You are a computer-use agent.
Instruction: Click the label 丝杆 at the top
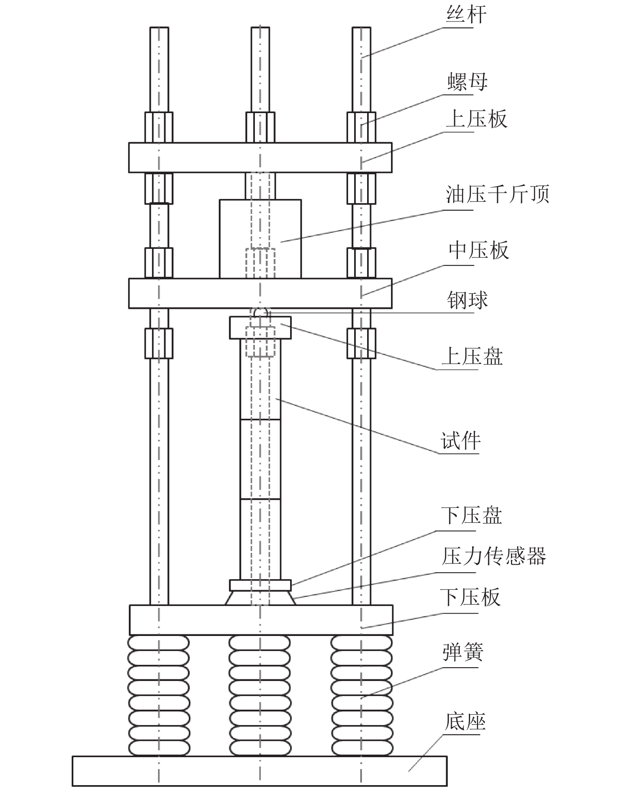point(466,15)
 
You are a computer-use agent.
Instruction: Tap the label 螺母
point(467,82)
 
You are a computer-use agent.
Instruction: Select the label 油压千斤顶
point(497,195)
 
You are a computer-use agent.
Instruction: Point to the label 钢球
point(467,300)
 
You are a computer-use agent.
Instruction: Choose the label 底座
point(465,721)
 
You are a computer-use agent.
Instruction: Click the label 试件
point(460,441)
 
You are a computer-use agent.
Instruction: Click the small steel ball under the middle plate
point(260,313)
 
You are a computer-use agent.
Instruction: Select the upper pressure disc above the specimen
point(260,328)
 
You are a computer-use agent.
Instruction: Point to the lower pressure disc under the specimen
point(260,585)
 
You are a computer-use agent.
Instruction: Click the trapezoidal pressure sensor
point(260,598)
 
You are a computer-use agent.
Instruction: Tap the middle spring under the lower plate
point(260,695)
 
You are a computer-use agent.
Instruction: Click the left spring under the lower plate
point(159,695)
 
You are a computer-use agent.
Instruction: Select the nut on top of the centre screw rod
point(260,127)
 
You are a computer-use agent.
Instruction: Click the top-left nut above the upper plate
point(159,127)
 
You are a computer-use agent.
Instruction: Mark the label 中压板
point(478,250)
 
